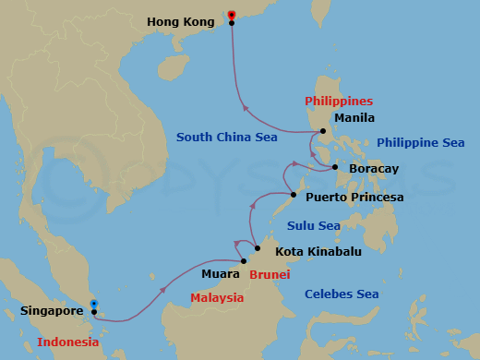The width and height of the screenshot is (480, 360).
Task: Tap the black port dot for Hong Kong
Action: click(x=232, y=23)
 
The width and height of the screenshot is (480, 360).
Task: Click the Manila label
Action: click(x=354, y=118)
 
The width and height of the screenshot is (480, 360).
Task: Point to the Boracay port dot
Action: click(x=334, y=167)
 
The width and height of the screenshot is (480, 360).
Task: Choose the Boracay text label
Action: click(x=374, y=169)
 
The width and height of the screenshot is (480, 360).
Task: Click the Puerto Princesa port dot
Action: click(x=293, y=195)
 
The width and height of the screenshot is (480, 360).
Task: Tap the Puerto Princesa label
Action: click(x=354, y=197)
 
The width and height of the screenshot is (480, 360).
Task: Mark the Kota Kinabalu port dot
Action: click(x=257, y=249)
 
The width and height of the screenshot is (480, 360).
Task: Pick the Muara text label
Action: click(x=219, y=273)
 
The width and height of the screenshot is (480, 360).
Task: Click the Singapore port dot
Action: click(x=94, y=312)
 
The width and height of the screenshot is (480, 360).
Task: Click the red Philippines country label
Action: click(x=338, y=101)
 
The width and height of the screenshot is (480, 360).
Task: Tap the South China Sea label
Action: click(x=226, y=138)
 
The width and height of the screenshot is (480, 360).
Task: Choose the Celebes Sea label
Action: click(x=342, y=294)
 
